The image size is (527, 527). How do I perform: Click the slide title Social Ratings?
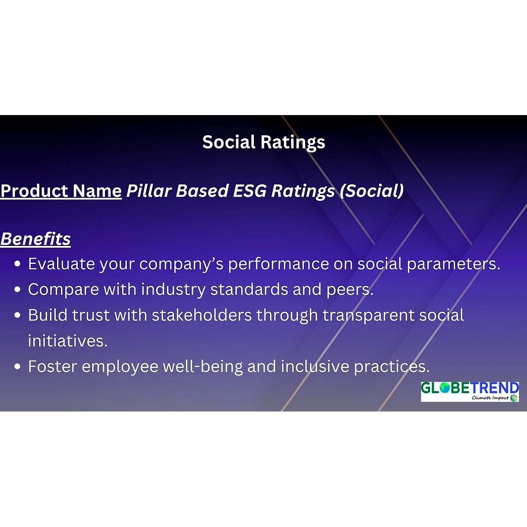(263, 142)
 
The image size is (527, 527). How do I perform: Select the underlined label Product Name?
(61, 191)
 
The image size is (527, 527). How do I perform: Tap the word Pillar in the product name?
(149, 191)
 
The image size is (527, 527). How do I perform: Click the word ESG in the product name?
(250, 191)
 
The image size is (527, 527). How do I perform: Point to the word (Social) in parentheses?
(372, 191)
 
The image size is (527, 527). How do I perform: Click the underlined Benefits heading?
(36, 239)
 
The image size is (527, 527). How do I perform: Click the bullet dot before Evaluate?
(18, 264)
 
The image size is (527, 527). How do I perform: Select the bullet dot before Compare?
(18, 289)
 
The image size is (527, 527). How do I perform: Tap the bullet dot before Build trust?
(18, 315)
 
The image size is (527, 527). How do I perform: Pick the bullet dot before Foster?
(18, 366)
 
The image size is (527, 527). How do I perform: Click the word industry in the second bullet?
(173, 290)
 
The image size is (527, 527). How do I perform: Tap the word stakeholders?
(202, 315)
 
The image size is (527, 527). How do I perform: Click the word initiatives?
(68, 341)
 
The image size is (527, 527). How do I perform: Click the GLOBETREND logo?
(470, 392)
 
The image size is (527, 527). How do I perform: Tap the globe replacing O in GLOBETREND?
(445, 388)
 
